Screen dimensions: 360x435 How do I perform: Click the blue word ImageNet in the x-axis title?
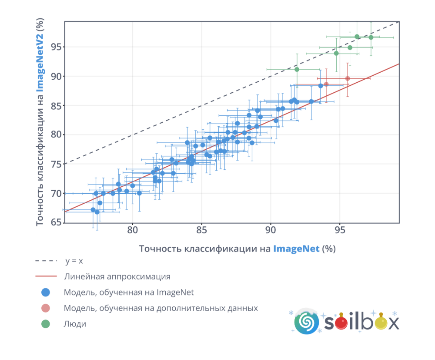[x=296, y=249]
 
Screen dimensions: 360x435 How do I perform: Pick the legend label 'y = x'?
[x=74, y=261]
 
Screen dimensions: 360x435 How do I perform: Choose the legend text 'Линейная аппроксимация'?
[x=117, y=277]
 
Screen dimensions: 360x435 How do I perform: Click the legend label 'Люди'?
[x=75, y=324]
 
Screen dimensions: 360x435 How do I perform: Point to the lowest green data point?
[x=297, y=69]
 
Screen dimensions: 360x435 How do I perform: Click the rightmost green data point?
[x=371, y=37]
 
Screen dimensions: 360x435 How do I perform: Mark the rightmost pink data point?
[x=348, y=79]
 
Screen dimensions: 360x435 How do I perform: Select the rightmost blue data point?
[x=321, y=86]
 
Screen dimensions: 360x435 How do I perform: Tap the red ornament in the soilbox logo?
[x=341, y=323]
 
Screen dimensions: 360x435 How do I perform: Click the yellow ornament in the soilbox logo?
[x=381, y=323]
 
